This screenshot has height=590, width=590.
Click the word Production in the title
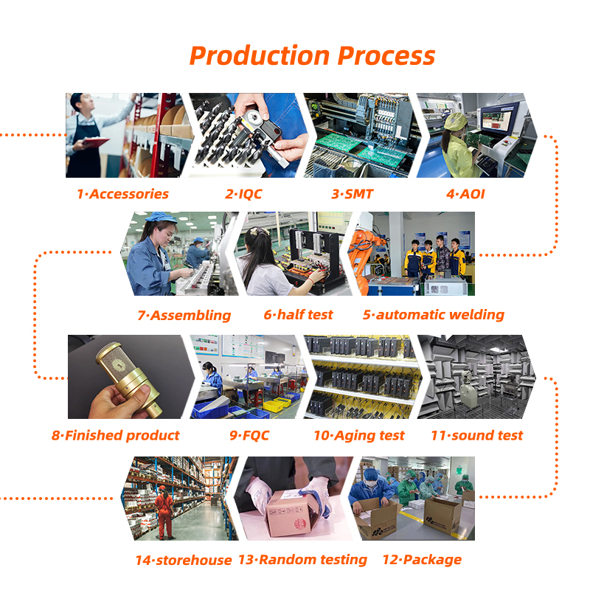[x=260, y=56]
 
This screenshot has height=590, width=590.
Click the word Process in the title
[x=386, y=56]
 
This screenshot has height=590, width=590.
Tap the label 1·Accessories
[x=122, y=194]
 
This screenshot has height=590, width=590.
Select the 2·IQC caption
[x=243, y=194]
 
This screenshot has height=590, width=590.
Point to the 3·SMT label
[x=353, y=194]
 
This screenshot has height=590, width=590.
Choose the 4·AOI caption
[x=465, y=194]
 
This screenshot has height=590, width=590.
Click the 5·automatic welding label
[x=434, y=315]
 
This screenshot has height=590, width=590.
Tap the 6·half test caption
[x=299, y=315]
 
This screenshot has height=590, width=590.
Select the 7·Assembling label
[x=184, y=316]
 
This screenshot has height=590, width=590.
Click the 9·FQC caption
[x=249, y=435]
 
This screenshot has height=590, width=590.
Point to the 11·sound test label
[x=476, y=435]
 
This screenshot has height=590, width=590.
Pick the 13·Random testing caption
[x=302, y=560]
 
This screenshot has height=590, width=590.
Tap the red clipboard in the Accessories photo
[x=96, y=142]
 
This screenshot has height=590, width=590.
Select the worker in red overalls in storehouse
[x=164, y=512]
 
